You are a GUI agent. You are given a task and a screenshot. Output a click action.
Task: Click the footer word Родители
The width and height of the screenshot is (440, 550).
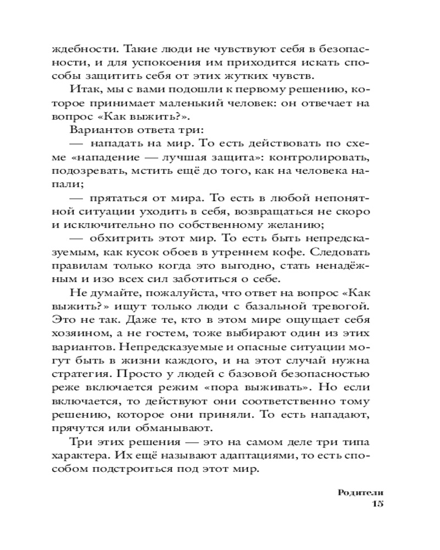(360, 492)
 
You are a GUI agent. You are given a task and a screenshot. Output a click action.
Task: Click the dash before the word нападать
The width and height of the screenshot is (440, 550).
(78, 144)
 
